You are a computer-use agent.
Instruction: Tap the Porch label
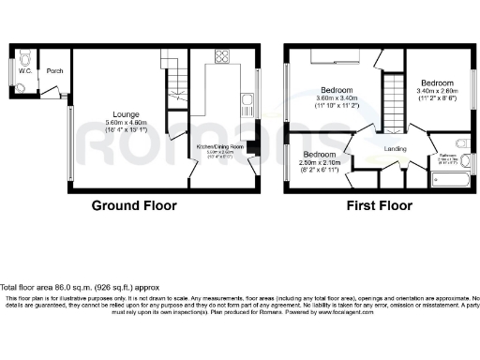coord(54,70)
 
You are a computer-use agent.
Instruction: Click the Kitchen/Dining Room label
coord(219,146)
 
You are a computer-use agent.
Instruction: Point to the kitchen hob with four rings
coord(223,55)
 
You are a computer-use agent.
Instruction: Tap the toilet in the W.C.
coord(22,87)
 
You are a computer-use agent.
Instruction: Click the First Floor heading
coord(381,205)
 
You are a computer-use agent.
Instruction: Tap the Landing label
coord(395,147)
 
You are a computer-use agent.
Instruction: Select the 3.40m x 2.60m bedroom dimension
coord(437,90)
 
